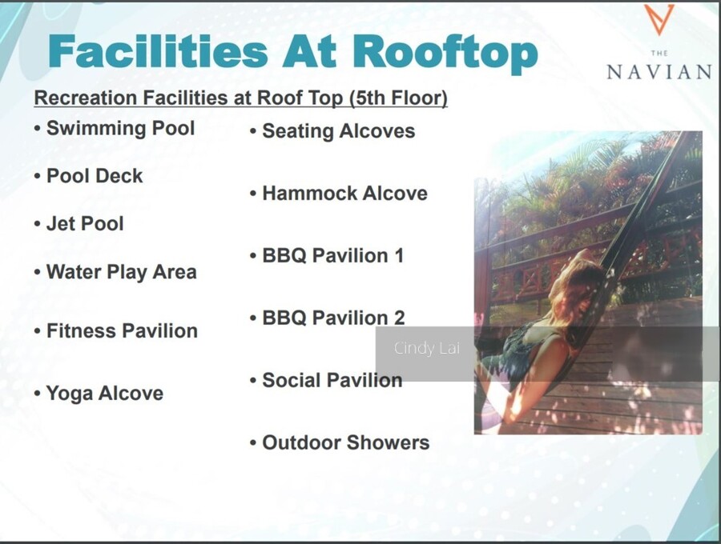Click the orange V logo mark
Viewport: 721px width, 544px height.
click(x=659, y=19)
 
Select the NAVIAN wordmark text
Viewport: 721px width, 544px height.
click(x=659, y=73)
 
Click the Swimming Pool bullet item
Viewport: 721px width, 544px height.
click(x=120, y=129)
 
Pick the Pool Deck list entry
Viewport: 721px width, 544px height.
click(x=95, y=176)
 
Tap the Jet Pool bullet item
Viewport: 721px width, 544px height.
click(x=85, y=224)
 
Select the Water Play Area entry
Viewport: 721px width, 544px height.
click(x=122, y=272)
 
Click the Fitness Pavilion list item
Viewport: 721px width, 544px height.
click(x=122, y=331)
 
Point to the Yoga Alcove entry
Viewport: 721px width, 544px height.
click(x=105, y=394)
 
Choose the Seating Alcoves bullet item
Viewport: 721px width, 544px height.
click(x=338, y=131)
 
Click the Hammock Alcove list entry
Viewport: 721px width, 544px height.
click(x=344, y=194)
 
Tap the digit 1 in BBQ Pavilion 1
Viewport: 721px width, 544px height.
click(x=399, y=256)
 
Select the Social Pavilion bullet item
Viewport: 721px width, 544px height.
click(x=332, y=381)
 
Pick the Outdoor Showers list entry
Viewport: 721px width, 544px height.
click(x=346, y=443)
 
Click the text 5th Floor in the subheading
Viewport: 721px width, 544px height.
click(x=398, y=98)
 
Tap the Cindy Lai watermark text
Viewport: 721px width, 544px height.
click(x=427, y=348)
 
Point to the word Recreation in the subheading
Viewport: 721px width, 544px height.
click(x=86, y=98)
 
